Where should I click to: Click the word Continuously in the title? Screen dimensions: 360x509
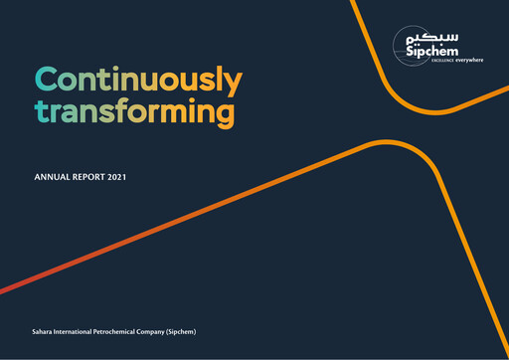pyautogui.click(x=137, y=79)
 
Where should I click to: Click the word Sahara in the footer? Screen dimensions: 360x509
pyautogui.click(x=46, y=329)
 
